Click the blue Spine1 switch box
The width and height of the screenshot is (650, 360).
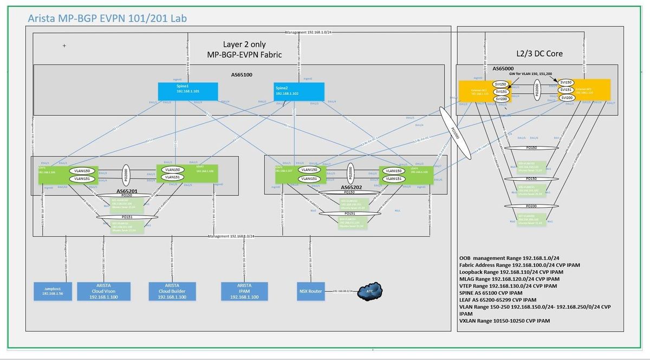point(188,91)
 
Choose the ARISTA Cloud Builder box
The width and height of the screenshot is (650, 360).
point(172,290)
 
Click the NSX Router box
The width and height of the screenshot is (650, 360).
point(310,291)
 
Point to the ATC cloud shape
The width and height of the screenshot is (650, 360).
point(370,291)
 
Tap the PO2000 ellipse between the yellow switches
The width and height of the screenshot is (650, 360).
point(535,89)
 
